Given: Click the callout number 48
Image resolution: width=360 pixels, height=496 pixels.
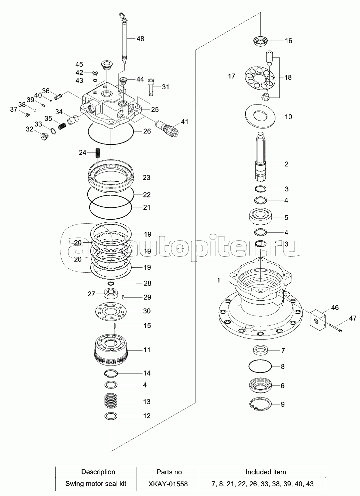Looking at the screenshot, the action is point(140,39).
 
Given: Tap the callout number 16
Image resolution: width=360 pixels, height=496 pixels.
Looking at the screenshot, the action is point(288,41).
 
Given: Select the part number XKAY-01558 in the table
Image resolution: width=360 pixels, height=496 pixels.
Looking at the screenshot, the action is point(168,484).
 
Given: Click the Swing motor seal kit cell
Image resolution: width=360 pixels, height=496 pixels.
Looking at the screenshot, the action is point(96,484).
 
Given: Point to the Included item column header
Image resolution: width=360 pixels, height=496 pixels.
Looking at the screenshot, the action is point(266,472).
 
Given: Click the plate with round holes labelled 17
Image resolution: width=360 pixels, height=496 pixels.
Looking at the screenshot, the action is point(260,78).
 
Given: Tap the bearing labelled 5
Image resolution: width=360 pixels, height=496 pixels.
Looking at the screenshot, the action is point(260,217).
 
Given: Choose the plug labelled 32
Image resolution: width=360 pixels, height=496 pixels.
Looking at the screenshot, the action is point(45,136).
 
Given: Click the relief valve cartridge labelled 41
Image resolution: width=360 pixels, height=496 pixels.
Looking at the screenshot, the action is point(168,128).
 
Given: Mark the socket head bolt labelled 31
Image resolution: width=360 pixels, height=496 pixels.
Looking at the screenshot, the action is point(151,87).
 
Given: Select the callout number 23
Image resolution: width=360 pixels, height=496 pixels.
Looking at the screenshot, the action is point(147,177).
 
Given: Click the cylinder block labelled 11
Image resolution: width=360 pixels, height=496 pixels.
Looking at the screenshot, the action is point(111,350).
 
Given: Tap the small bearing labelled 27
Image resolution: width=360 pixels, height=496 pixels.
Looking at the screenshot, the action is point(111,294).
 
